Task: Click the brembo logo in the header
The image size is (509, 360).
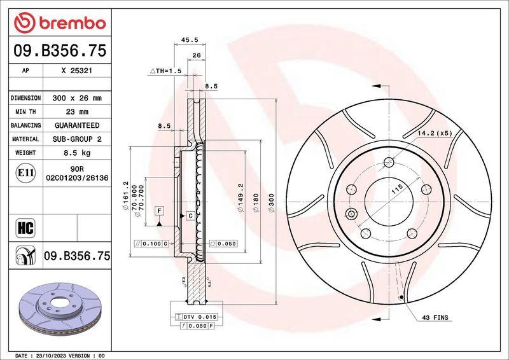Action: point(59,23)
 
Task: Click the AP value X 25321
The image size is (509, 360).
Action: point(76,71)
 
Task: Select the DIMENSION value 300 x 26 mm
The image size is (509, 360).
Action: point(76,99)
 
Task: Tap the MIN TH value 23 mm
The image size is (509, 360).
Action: point(76,112)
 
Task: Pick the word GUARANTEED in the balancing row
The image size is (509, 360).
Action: point(76,125)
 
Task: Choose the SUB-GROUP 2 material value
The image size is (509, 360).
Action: point(76,139)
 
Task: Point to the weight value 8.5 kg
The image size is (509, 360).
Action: point(76,153)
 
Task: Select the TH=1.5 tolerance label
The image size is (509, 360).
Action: point(166,71)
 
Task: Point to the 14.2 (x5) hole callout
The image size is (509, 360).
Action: point(435,133)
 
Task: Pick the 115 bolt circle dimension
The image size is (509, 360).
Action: point(398,190)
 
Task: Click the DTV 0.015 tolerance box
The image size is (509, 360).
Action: point(200,316)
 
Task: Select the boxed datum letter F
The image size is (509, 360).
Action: point(158,210)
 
